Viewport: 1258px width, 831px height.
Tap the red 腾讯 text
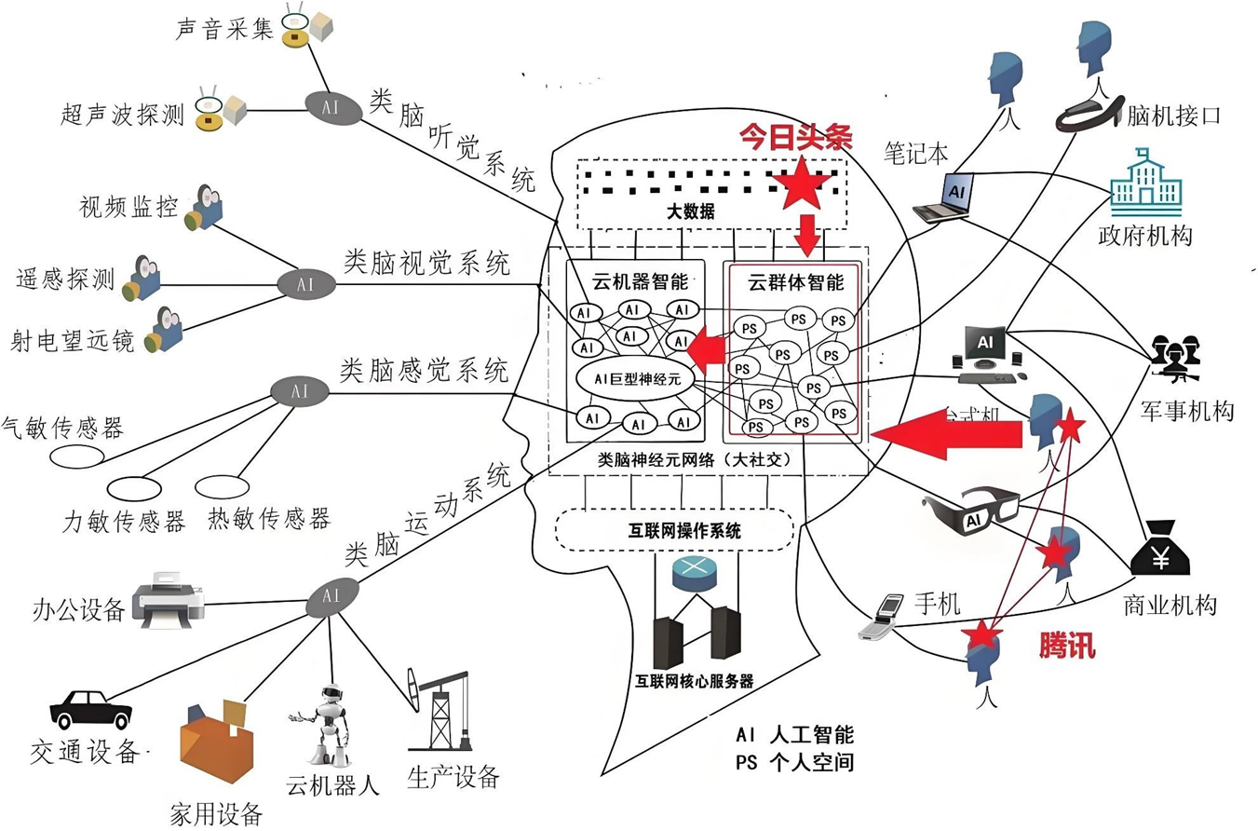coord(1066,645)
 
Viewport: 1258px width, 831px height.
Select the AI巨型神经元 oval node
coord(630,378)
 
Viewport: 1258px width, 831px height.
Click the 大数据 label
coord(691,212)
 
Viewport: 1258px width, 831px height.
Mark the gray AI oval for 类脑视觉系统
coord(302,282)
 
